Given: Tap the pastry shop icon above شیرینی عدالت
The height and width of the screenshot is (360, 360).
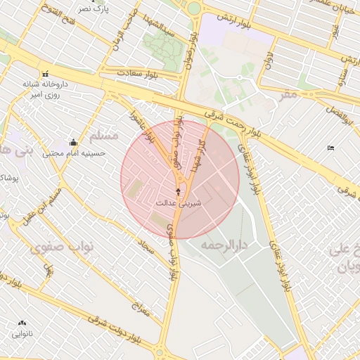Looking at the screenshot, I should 177,191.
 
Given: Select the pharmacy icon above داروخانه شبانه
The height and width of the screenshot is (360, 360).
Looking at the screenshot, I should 46,73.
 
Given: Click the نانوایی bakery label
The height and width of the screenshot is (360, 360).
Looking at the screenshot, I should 22,333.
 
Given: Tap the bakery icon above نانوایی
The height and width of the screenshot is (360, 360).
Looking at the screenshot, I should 22,323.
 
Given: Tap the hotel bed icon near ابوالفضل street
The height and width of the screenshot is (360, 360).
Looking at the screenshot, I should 331,148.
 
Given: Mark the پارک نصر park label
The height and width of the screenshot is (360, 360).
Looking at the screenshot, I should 94,8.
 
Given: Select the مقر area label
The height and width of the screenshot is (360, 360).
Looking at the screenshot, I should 288,95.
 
